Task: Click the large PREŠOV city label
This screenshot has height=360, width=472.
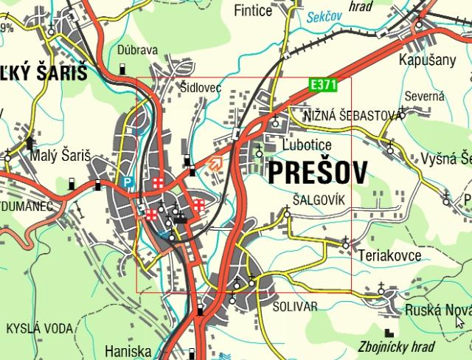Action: click(317, 173)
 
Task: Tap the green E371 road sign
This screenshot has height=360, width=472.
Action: click(322, 86)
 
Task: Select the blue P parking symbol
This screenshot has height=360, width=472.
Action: click(128, 182)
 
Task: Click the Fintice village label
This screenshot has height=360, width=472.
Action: click(253, 10)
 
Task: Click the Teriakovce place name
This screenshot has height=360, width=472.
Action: click(389, 255)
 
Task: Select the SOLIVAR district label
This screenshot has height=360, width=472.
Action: click(294, 305)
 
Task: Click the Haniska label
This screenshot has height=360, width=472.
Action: click(128, 351)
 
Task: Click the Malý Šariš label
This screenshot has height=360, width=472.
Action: click(60, 156)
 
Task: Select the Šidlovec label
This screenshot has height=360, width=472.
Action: click(201, 87)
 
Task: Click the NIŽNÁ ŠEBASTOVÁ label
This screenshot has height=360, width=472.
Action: click(354, 114)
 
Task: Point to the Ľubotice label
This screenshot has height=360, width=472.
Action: click(307, 145)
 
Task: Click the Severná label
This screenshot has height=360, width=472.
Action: click(425, 96)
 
